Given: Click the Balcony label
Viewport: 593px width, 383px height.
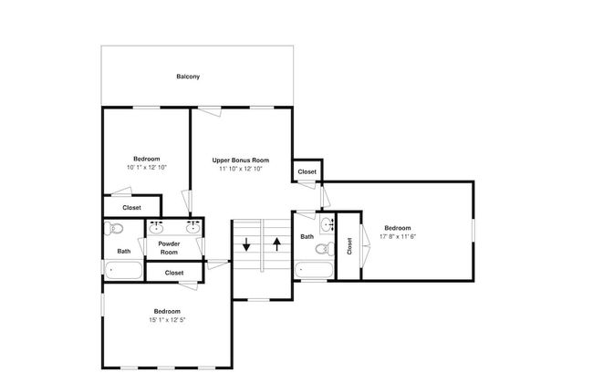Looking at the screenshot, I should point(188,77).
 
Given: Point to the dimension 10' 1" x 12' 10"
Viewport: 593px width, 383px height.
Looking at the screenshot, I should point(147,167).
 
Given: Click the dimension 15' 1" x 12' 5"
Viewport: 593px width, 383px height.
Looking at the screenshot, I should point(167,318).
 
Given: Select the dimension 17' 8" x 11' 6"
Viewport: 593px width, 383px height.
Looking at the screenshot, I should point(397,236).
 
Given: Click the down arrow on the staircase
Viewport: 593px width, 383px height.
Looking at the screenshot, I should point(246,244).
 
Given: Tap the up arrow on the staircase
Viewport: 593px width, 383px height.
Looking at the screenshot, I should point(276,244).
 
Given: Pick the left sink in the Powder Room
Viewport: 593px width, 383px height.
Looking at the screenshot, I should point(156,227).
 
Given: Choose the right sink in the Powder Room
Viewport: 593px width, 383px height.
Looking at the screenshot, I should point(192,227).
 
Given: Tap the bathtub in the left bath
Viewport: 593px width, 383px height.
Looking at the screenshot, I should point(123,270).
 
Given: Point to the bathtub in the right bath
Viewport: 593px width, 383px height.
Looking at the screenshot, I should point(313,270).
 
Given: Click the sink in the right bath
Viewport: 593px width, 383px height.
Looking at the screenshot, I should point(327,223).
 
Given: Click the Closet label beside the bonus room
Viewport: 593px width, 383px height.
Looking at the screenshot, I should point(307,171).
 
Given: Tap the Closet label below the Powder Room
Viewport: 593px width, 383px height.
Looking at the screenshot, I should point(173,273).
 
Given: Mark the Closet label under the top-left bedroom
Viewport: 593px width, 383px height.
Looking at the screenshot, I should point(131,207).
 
